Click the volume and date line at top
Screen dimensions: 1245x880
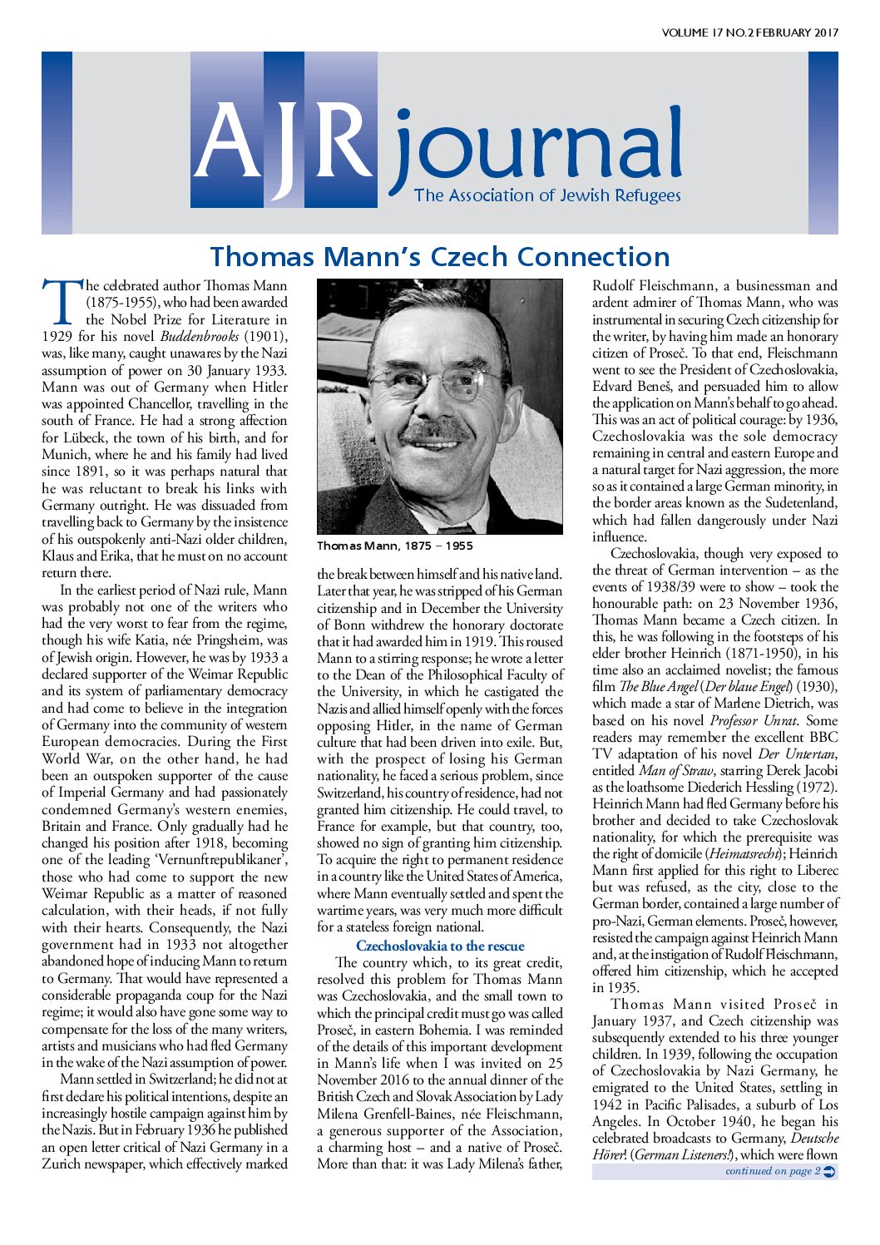(749, 33)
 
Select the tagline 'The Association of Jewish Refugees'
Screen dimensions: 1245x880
(547, 196)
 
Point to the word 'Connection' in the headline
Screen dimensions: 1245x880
(590, 257)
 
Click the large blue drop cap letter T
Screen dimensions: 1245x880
(62, 301)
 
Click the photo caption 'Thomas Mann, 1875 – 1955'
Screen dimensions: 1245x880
(394, 546)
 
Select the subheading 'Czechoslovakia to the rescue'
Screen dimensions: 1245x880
(440, 946)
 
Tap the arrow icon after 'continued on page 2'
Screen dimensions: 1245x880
(829, 1172)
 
